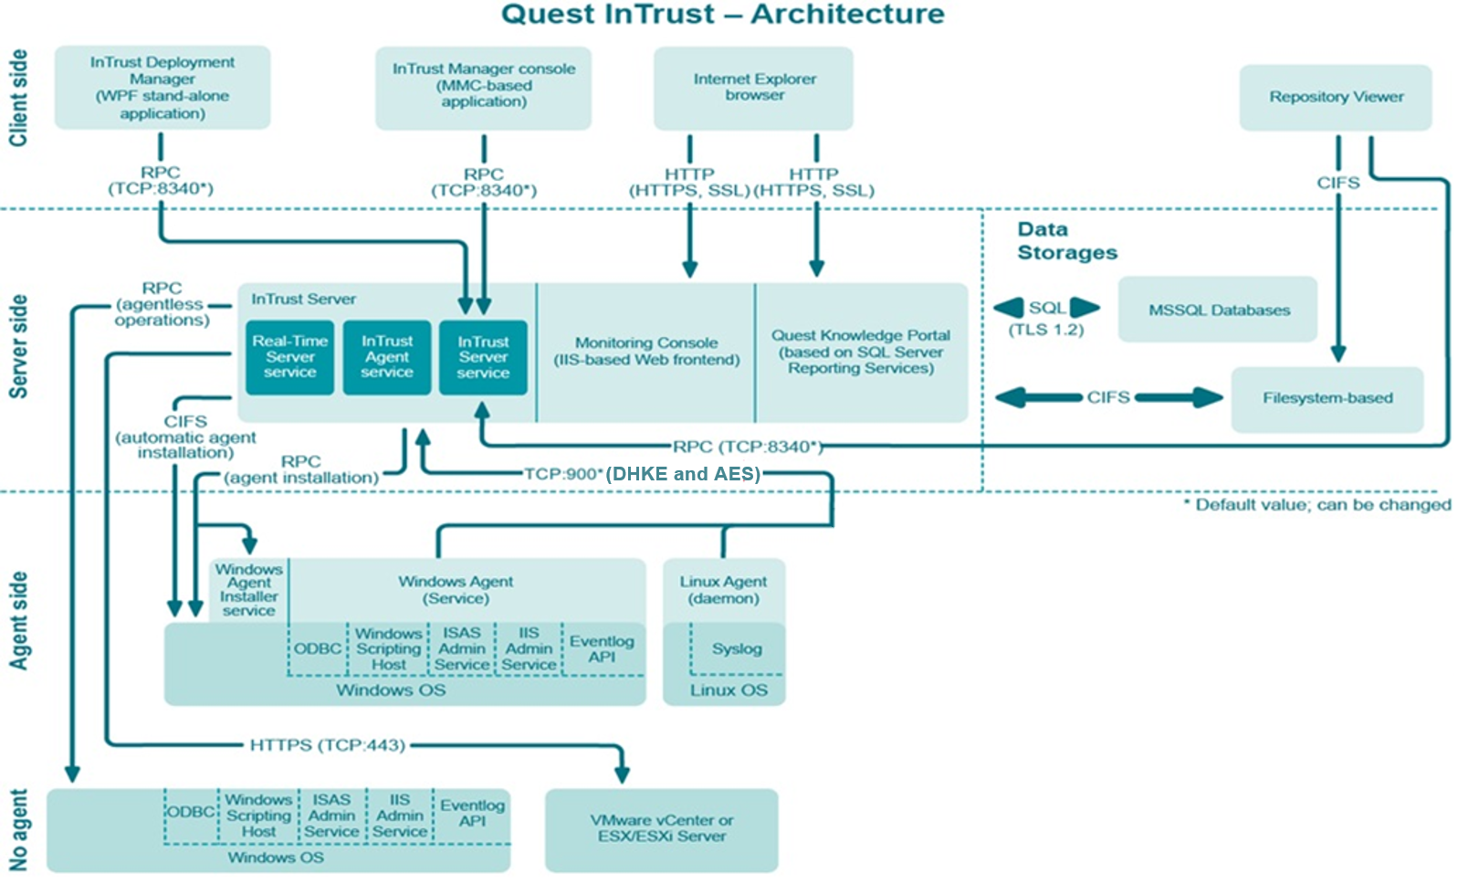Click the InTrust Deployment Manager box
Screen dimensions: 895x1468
coord(163,88)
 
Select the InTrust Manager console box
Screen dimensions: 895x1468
coord(484,89)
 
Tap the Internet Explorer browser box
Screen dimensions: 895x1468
coord(754,88)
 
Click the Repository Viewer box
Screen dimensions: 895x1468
coord(1336,97)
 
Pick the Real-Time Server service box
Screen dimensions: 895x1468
coord(290,357)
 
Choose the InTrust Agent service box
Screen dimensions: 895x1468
coord(387,357)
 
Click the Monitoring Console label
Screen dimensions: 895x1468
coord(646,352)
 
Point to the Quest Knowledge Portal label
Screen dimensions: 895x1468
coord(861,352)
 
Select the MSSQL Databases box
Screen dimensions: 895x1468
coord(1218,310)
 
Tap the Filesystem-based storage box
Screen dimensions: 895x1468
coord(1327,399)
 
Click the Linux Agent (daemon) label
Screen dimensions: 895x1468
coord(723,590)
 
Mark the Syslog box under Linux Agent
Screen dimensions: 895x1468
coord(737,648)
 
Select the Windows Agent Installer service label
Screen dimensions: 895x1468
coord(248,590)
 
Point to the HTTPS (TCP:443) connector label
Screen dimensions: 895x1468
coord(328,745)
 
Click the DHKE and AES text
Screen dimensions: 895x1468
coord(683,474)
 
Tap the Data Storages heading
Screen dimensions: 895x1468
coord(1066,241)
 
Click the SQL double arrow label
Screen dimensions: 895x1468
coord(1047,308)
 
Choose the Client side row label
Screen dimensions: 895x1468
coord(18,98)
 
